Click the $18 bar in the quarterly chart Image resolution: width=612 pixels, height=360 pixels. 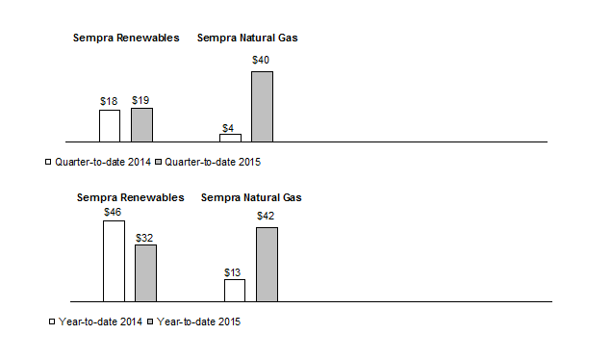click(110, 125)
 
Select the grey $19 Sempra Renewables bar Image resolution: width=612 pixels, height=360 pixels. click(141, 124)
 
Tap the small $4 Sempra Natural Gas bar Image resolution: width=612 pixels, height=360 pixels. click(230, 138)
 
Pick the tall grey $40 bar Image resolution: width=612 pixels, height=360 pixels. click(262, 106)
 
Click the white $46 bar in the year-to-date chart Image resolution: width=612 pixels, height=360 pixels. click(114, 261)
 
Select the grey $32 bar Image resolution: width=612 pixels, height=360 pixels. click(145, 272)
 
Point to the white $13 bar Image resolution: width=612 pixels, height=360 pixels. click(235, 290)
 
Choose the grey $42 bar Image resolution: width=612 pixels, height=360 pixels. click(267, 264)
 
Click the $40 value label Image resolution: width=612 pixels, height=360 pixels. click(261, 61)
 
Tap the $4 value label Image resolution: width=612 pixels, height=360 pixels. click(229, 127)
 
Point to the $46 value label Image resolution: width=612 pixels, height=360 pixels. click(113, 212)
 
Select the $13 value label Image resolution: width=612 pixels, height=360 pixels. click(234, 271)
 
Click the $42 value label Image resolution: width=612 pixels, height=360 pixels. click(267, 217)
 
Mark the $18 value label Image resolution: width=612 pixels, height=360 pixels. click(109, 100)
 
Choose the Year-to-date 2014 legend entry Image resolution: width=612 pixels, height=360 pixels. click(94, 321)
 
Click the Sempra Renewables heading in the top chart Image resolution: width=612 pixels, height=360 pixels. click(126, 39)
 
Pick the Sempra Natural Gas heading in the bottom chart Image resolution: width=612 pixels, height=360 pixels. click(251, 197)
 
